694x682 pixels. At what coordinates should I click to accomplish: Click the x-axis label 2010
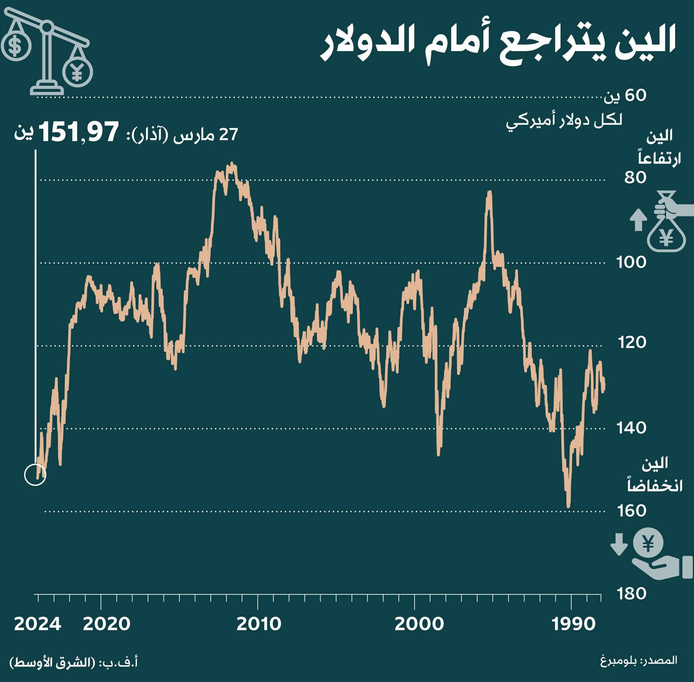click(259, 624)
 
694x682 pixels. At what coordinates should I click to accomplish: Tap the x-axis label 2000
click(419, 624)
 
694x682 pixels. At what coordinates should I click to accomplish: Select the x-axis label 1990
click(574, 624)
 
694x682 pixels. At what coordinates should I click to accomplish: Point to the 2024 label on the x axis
click(37, 624)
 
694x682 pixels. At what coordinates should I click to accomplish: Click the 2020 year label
click(106, 624)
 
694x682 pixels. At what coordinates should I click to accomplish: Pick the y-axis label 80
click(635, 177)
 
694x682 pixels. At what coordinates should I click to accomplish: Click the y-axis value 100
click(631, 262)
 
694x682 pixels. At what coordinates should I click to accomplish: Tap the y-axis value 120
click(632, 342)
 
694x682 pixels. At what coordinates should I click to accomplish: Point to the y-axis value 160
click(632, 510)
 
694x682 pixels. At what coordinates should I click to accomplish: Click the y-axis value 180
click(632, 594)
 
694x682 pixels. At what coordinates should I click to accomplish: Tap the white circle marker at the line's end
click(35, 475)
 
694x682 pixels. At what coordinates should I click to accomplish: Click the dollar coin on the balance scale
click(15, 45)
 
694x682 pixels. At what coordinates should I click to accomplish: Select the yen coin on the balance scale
click(77, 71)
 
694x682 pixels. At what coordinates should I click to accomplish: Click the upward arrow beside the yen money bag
click(638, 219)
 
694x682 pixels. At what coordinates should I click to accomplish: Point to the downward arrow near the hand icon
click(619, 544)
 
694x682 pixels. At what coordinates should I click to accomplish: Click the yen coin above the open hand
click(648, 544)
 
